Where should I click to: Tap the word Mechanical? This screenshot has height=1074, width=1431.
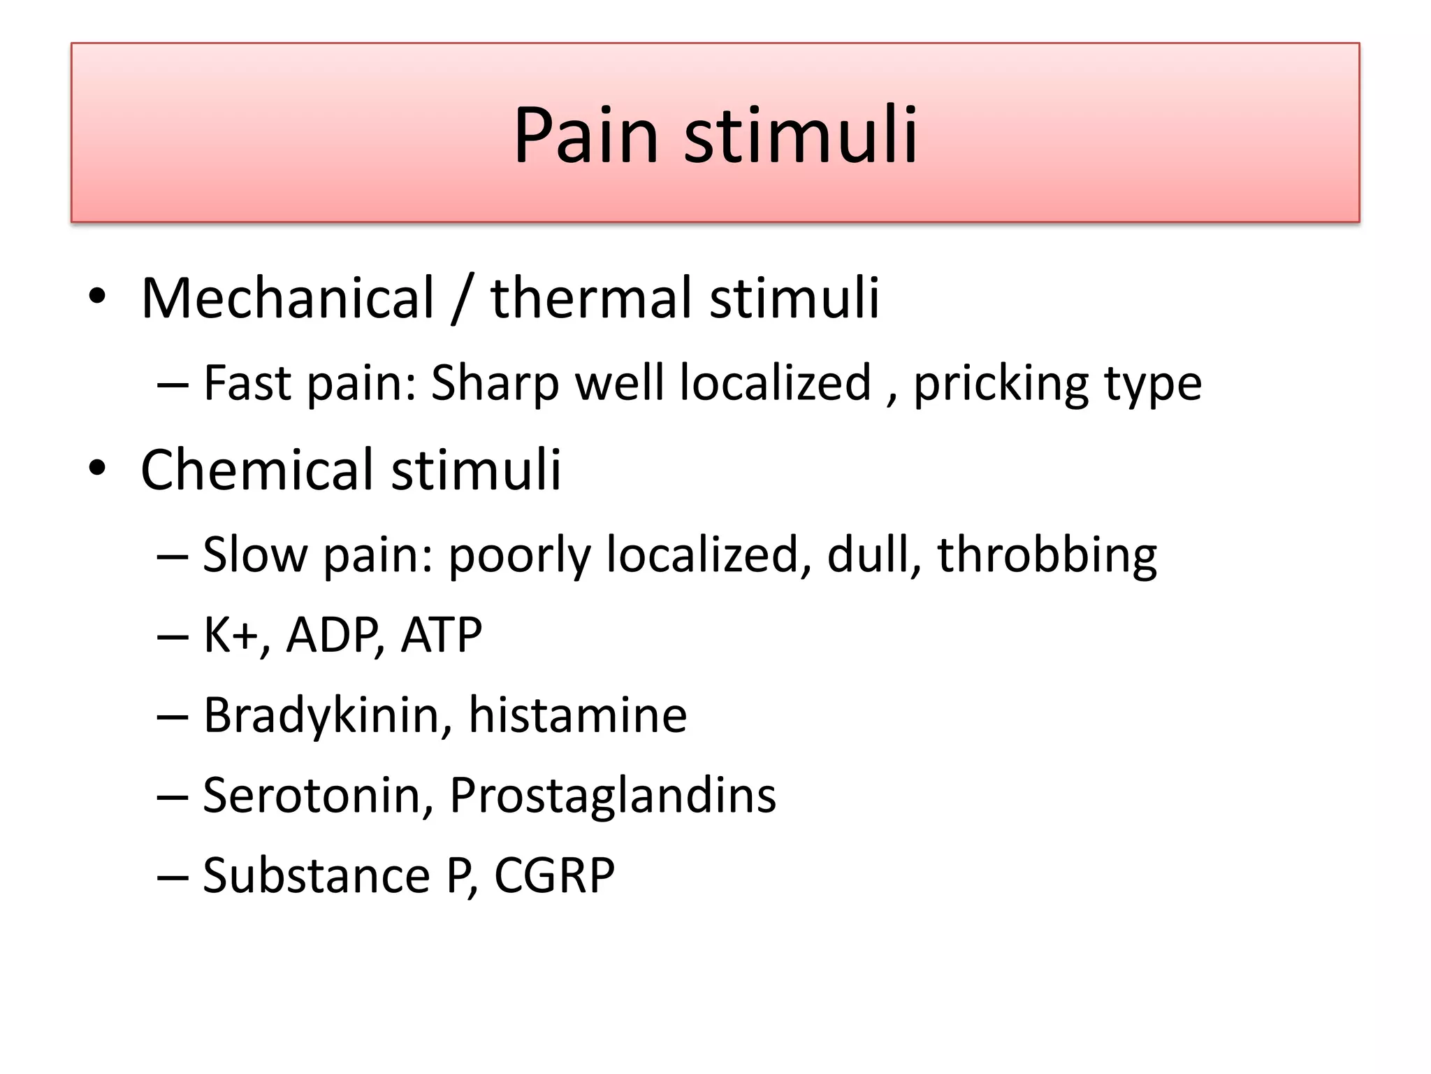pyautogui.click(x=288, y=299)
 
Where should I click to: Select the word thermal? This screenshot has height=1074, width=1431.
pyautogui.click(x=592, y=299)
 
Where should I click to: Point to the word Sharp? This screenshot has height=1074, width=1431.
pyautogui.click(x=495, y=385)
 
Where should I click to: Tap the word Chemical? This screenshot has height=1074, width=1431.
pyautogui.click(x=257, y=470)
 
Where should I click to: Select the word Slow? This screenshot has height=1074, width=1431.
pyautogui.click(x=255, y=555)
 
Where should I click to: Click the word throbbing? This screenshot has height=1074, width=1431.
pyautogui.click(x=1047, y=555)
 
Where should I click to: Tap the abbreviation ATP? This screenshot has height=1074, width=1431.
pyautogui.click(x=442, y=636)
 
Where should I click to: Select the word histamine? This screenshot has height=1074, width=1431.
pyautogui.click(x=578, y=716)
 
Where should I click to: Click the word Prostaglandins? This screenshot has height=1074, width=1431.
pyautogui.click(x=613, y=796)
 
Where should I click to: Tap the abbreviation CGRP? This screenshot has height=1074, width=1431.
pyautogui.click(x=554, y=876)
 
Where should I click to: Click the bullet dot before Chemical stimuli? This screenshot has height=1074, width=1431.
pyautogui.click(x=97, y=468)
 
